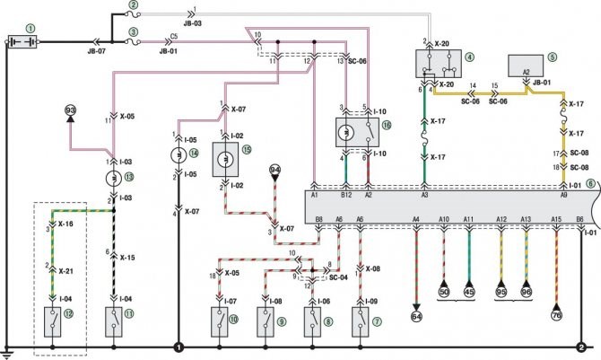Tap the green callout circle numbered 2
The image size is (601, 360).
tap(134, 5)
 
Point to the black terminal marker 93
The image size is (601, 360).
tap(70, 111)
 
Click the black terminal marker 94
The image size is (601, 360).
tap(276, 169)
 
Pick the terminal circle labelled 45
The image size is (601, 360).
tap(468, 291)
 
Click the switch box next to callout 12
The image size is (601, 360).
tap(55, 320)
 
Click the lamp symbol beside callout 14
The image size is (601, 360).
tap(178, 154)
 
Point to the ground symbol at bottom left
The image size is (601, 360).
tap(10, 352)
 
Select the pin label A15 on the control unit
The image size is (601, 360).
tap(556, 218)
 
